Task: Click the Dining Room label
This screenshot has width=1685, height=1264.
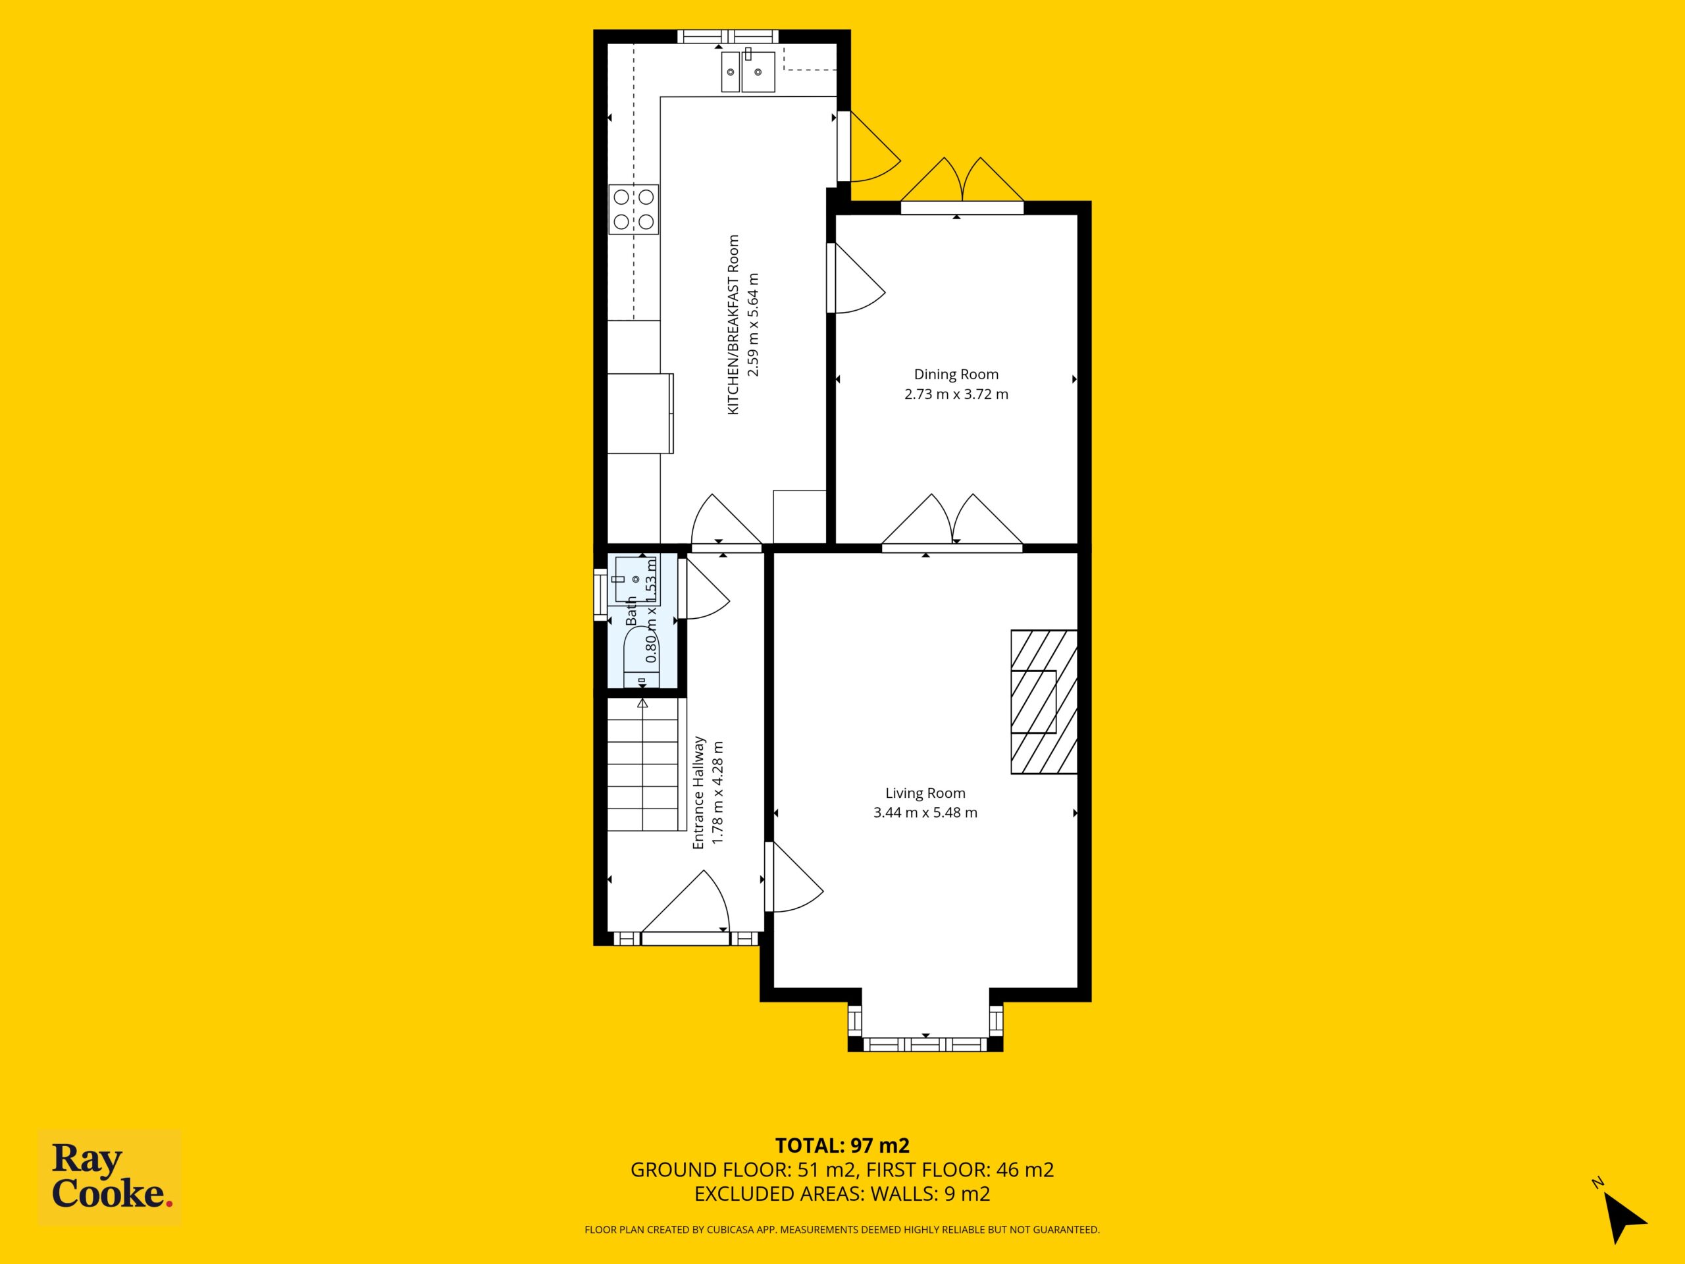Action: (956, 374)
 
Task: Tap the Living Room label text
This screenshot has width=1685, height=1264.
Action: (925, 793)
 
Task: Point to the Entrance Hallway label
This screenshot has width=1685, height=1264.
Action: (698, 793)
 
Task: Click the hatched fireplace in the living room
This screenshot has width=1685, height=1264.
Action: (1044, 702)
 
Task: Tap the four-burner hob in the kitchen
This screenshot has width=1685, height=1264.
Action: (634, 209)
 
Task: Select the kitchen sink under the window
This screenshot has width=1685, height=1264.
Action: (747, 72)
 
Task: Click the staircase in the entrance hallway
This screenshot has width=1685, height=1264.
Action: (643, 764)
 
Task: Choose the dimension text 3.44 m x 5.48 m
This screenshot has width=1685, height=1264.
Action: (925, 812)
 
